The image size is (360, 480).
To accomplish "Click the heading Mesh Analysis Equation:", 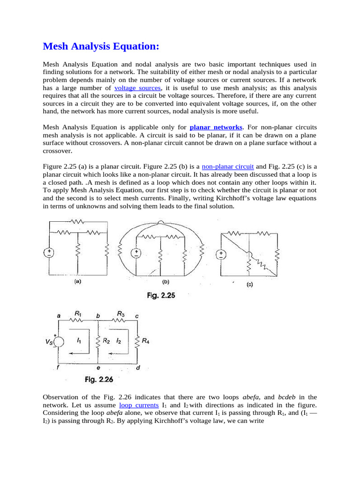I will (101, 46).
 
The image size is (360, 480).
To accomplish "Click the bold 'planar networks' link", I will (216, 127).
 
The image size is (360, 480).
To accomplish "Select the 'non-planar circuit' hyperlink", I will (228, 166).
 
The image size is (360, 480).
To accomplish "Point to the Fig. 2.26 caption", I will (99, 379).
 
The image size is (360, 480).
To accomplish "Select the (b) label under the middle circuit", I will (165, 282).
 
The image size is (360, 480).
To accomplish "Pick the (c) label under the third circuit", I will (249, 284).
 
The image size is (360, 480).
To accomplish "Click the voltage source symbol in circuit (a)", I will (49, 253).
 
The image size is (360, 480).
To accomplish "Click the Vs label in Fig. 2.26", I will (49, 343).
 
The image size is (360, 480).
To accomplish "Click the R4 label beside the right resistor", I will (145, 342).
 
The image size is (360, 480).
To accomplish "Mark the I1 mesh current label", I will (79, 342).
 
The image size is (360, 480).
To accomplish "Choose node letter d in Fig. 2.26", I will (137, 368).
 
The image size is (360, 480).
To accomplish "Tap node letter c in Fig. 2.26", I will (136, 316).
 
